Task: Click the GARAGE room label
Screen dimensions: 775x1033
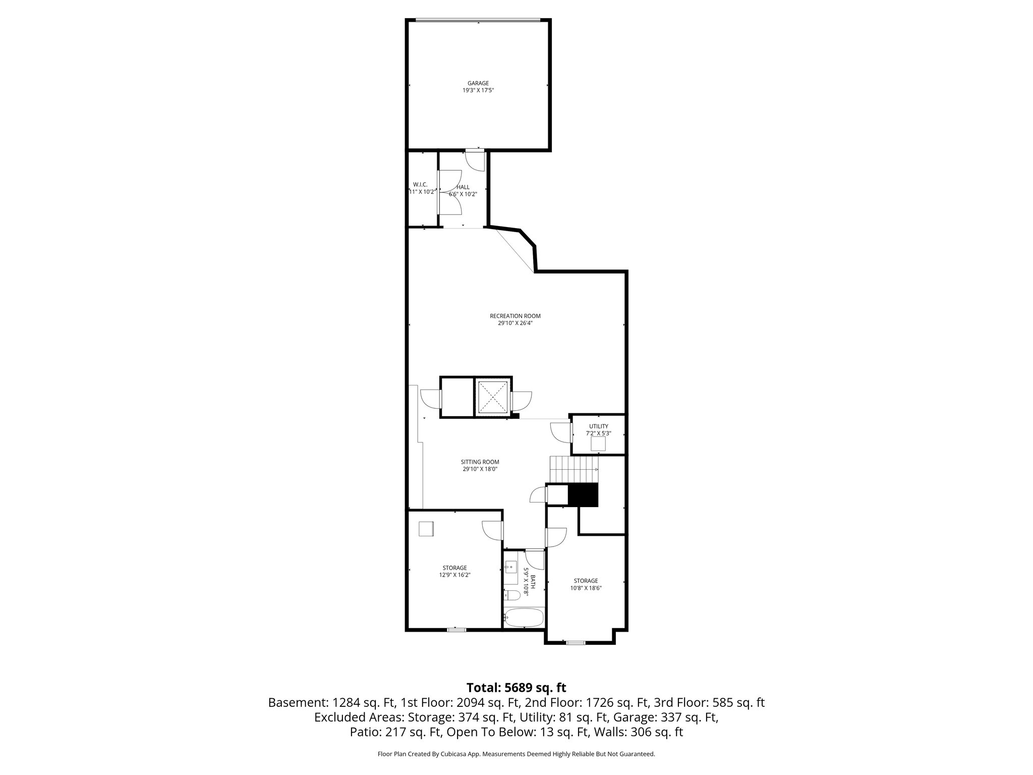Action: pos(478,83)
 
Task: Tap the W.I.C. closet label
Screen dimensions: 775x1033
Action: pos(420,185)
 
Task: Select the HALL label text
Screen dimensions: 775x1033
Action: pos(463,187)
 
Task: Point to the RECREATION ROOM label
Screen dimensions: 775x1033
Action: pos(515,316)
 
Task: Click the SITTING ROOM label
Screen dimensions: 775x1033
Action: pos(480,462)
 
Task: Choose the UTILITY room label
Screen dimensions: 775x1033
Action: pos(598,426)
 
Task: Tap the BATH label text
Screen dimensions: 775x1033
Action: pos(532,582)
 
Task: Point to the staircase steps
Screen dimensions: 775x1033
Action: pos(573,469)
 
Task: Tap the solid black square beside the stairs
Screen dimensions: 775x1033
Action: pos(583,494)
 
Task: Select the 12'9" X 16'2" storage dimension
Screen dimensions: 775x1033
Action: pos(454,575)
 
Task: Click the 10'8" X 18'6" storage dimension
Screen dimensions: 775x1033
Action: pos(585,588)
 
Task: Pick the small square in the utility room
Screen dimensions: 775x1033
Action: pos(598,444)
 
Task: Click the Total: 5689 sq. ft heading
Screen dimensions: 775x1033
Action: pos(516,688)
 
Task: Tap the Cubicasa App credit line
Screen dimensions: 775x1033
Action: pos(516,754)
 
